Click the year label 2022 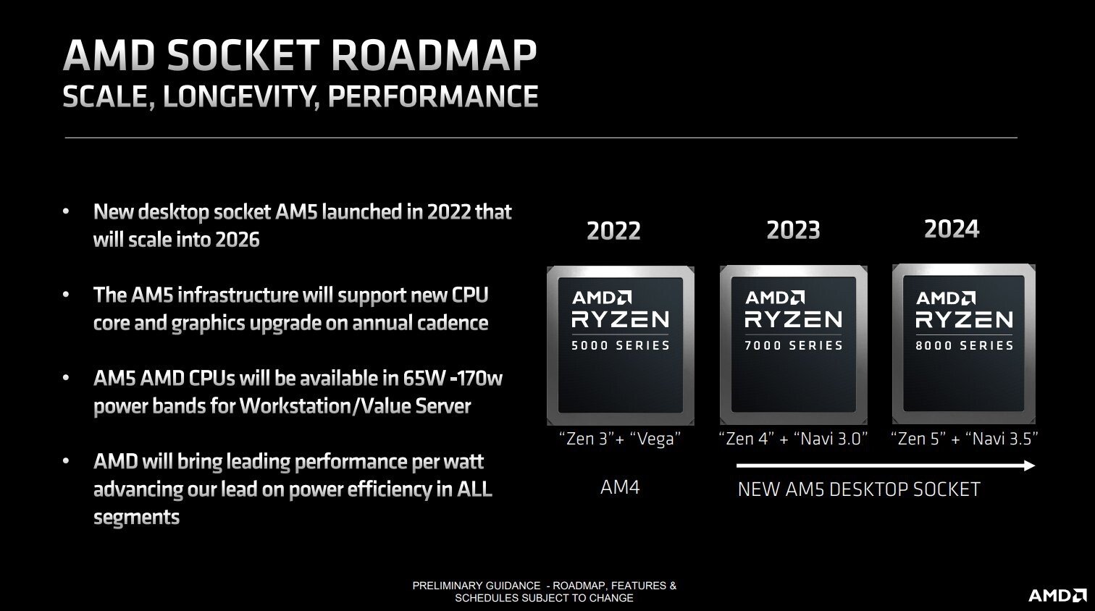(613, 231)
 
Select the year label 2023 (793, 230)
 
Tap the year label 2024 (952, 229)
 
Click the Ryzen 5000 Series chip (621, 345)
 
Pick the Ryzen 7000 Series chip (794, 345)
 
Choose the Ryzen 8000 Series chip (964, 345)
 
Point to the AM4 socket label (620, 487)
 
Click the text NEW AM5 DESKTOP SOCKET (858, 489)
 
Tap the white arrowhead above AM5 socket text (1028, 465)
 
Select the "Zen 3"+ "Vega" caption (620, 439)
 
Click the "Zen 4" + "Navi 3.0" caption (793, 439)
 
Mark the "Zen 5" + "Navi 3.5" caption (964, 439)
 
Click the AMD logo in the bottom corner (1057, 595)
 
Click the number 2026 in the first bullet (236, 240)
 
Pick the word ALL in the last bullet (474, 489)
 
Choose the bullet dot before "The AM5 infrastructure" (67, 295)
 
